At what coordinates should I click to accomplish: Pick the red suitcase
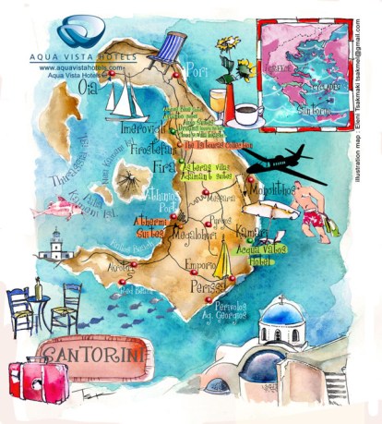37,380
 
